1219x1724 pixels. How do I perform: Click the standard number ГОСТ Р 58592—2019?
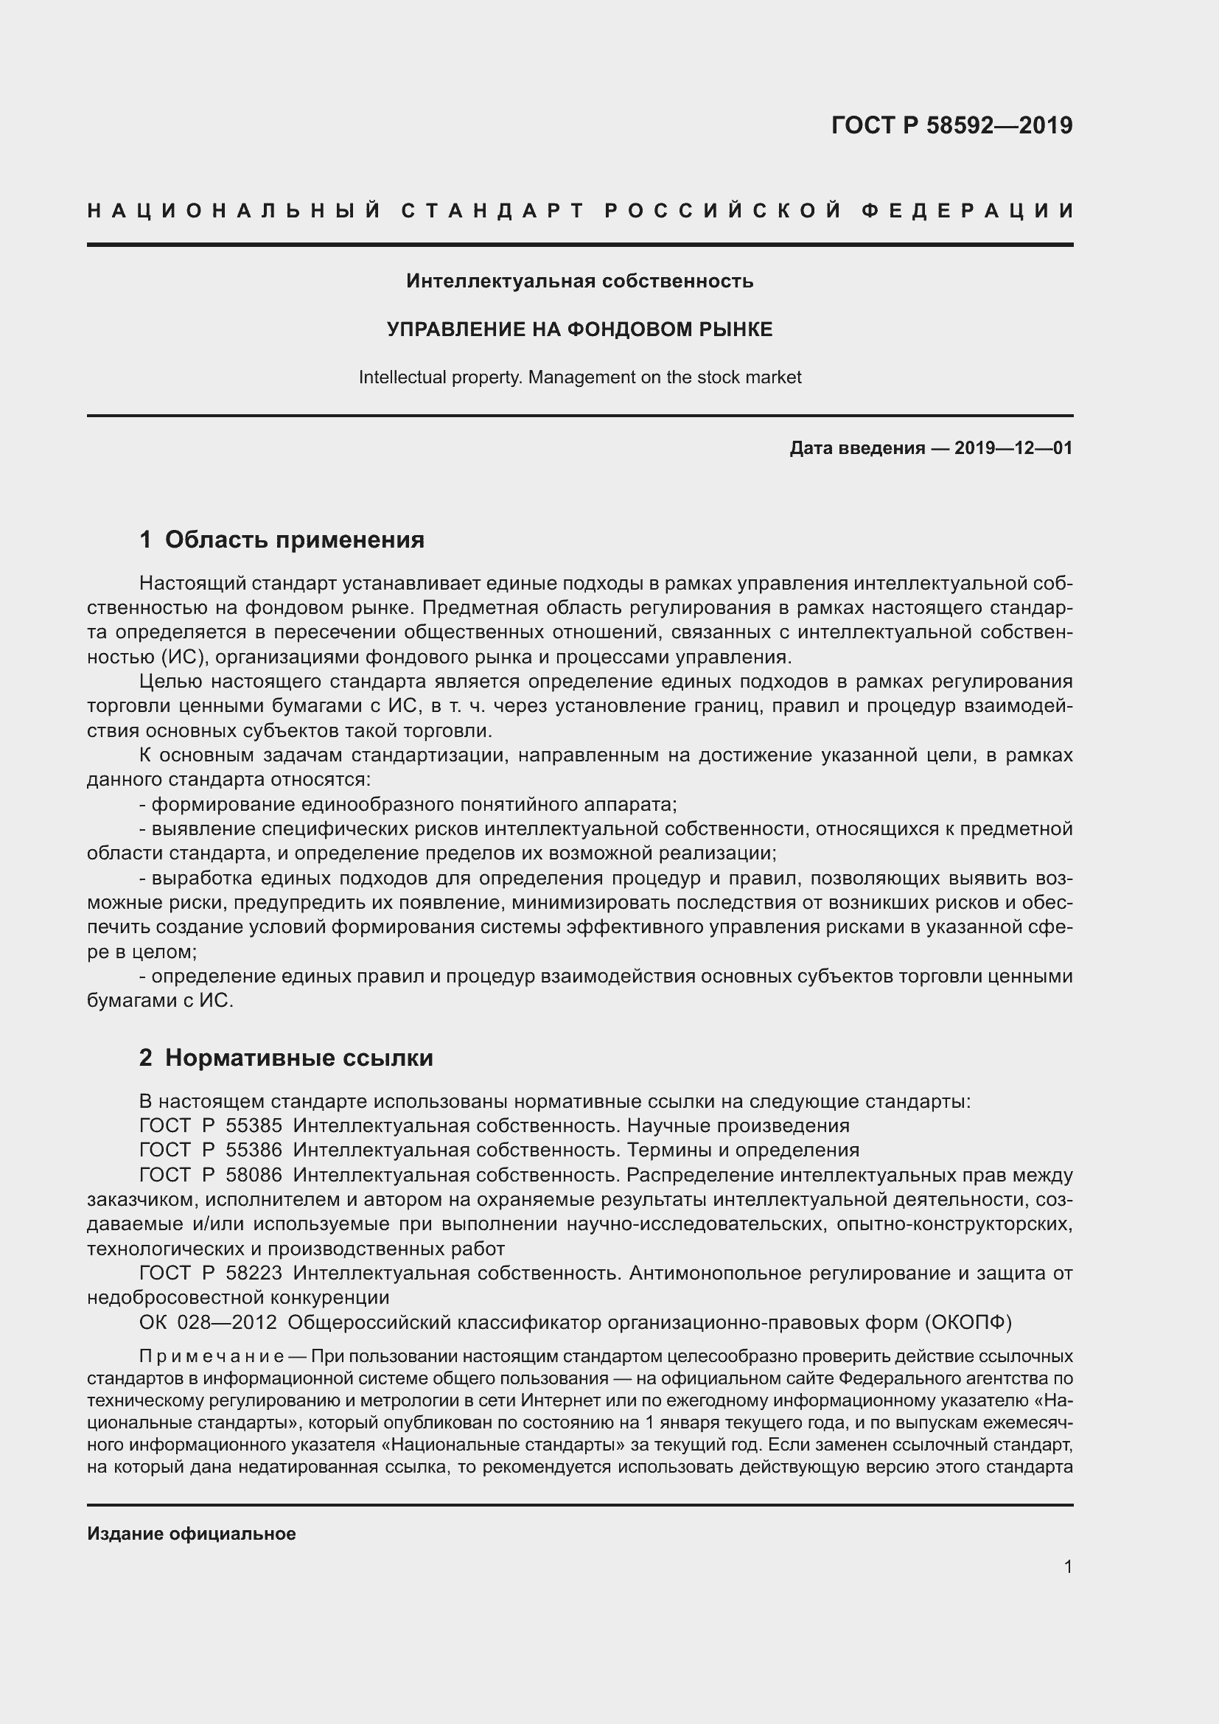tap(951, 125)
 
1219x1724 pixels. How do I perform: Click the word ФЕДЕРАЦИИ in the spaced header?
tap(968, 211)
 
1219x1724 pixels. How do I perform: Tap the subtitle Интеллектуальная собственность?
tap(579, 282)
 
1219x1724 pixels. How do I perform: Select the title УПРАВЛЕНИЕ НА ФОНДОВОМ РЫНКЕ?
tap(579, 329)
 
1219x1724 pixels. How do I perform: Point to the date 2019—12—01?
tap(1013, 449)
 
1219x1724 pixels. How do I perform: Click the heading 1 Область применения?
tap(282, 540)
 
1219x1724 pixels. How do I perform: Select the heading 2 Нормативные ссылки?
tap(286, 1058)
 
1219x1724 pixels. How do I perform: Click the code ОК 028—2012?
tap(208, 1322)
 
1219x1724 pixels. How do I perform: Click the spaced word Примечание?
tap(210, 1357)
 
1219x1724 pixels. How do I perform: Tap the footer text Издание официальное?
tap(192, 1534)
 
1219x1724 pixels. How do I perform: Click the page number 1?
tap(1067, 1567)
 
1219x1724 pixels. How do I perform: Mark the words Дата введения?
tap(856, 449)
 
